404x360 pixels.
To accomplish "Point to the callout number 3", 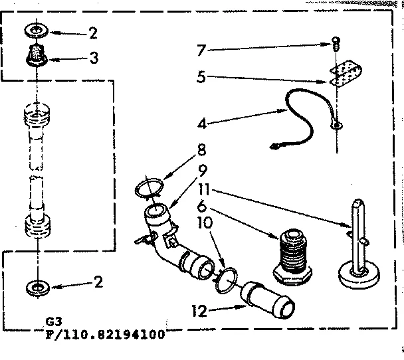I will click(95, 58).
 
